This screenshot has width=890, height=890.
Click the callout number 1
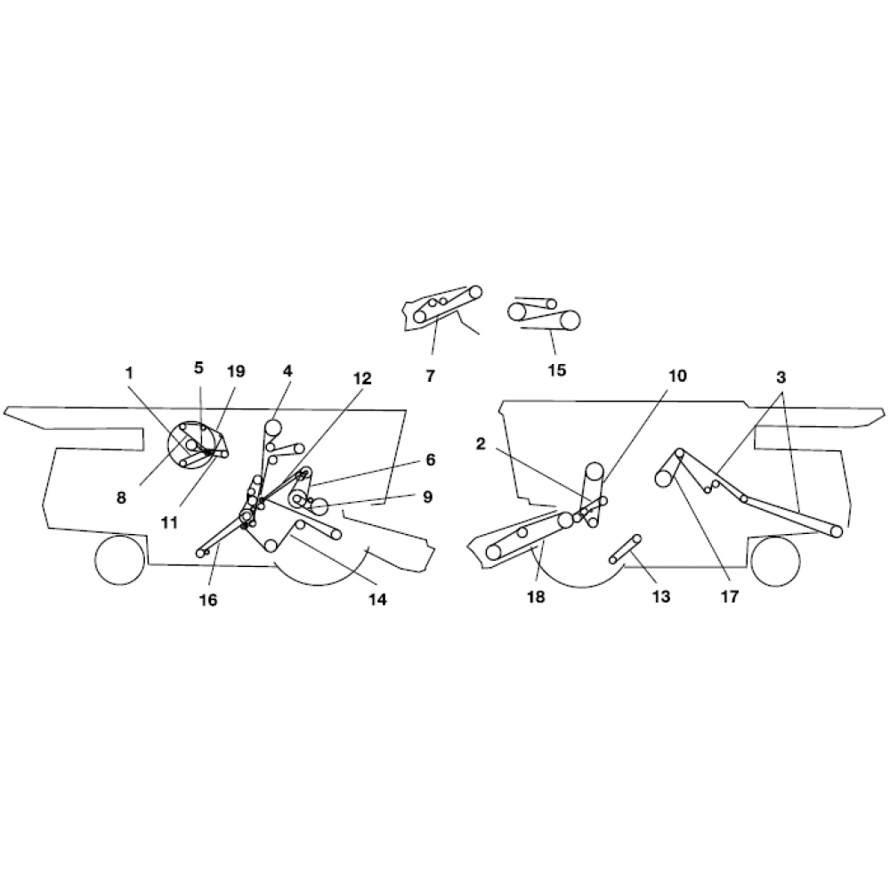(131, 372)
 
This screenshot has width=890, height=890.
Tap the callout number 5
(198, 367)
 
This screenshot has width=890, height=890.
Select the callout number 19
(235, 372)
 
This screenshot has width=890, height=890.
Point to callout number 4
(287, 370)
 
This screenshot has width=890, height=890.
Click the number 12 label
(360, 378)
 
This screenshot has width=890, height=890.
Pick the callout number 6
(431, 459)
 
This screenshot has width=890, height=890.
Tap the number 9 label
(427, 497)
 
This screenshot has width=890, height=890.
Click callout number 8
(122, 498)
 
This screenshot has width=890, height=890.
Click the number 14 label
(376, 600)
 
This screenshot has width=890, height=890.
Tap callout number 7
(430, 376)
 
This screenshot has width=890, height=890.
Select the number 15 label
(556, 370)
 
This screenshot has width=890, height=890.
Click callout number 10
(677, 376)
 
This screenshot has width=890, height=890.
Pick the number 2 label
(481, 444)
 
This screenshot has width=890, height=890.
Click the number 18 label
(536, 597)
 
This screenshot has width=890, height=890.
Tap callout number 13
(660, 597)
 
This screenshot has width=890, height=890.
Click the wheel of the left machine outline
(119, 560)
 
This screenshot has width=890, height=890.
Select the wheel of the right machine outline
(775, 562)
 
